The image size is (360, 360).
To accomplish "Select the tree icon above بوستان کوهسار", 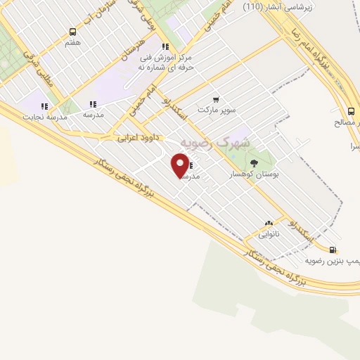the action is click(254, 162).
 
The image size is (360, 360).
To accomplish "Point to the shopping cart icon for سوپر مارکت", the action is click(215, 101).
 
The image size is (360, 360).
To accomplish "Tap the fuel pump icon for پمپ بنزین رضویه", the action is click(333, 250).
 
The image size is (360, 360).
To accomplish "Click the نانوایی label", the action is click(269, 232).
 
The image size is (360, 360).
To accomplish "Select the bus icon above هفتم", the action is click(72, 32).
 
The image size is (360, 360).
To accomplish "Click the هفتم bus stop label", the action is click(73, 43).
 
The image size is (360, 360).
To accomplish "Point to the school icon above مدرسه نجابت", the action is click(44, 106).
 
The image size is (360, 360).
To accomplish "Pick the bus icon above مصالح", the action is click(351, 111).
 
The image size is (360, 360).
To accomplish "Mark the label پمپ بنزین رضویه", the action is click(333, 260).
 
